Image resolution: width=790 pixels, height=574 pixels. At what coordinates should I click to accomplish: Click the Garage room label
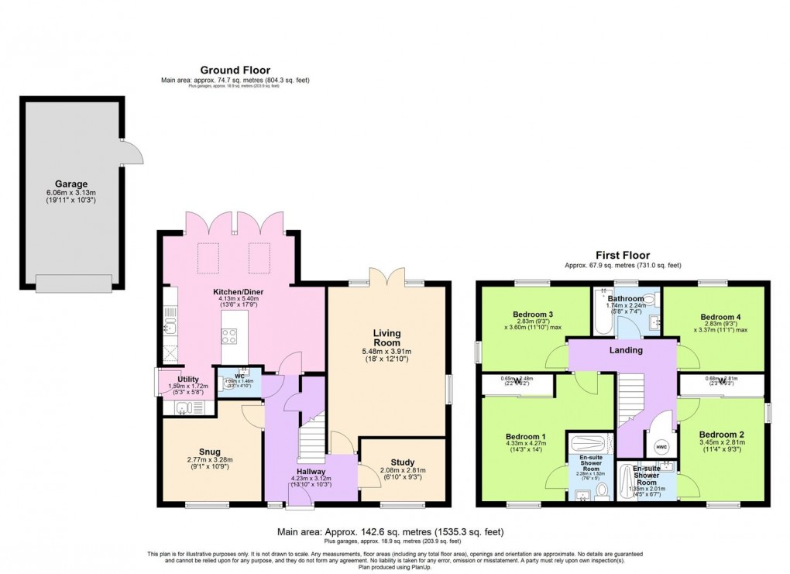(x=70, y=184)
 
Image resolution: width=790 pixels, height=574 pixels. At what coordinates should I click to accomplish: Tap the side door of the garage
(x=133, y=153)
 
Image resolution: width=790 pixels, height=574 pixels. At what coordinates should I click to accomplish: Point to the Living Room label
(x=387, y=338)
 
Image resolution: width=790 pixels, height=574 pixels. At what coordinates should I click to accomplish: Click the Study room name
(x=403, y=462)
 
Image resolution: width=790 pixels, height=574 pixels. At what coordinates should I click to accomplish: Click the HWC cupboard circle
(x=661, y=447)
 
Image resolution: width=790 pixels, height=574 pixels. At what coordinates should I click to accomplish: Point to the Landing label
(x=625, y=350)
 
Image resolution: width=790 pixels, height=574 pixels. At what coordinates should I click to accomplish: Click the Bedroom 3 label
(x=533, y=314)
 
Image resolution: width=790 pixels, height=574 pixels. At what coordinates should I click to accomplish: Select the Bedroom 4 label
(x=720, y=317)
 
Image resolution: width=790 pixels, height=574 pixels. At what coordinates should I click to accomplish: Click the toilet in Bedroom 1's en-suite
(x=601, y=490)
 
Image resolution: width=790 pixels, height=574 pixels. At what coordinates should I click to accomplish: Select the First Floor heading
(x=623, y=255)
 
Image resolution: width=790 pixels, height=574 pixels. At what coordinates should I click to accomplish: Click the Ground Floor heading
(x=235, y=70)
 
